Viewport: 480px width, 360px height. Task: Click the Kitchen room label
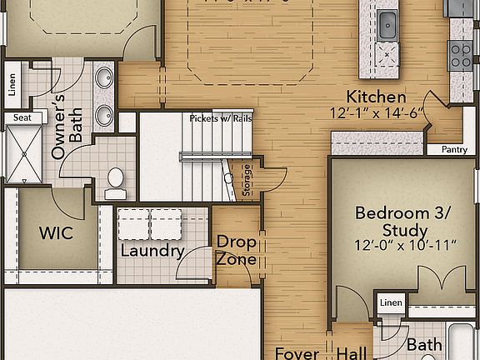377,97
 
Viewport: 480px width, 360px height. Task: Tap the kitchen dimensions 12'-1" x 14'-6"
377,112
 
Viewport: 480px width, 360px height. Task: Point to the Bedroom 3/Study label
402,221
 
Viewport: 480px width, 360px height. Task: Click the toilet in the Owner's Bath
114,178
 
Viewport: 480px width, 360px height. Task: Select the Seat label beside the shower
22,117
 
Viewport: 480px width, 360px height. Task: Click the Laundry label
152,251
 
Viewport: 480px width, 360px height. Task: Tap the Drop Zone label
236,250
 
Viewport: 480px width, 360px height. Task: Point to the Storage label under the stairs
247,181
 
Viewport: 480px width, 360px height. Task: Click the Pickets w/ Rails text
220,117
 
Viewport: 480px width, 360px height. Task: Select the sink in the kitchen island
387,25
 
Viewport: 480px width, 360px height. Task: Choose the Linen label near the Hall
391,302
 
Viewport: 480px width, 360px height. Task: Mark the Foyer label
297,353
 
